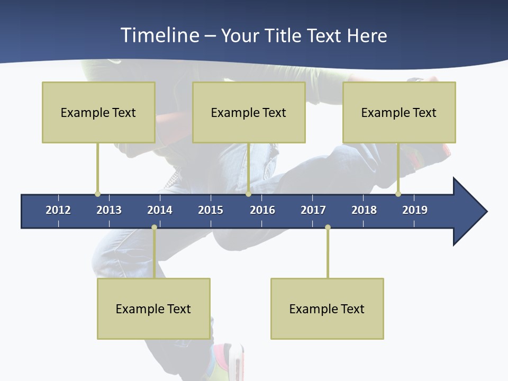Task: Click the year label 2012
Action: pyautogui.click(x=58, y=210)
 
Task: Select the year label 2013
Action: pyautogui.click(x=109, y=210)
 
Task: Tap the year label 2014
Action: pyautogui.click(x=160, y=210)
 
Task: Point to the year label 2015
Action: pyautogui.click(x=211, y=210)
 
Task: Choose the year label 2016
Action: pyautogui.click(x=262, y=210)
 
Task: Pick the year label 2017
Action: pyautogui.click(x=313, y=210)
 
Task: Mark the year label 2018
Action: pyautogui.click(x=364, y=210)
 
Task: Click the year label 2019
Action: pyautogui.click(x=415, y=210)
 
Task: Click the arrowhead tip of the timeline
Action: pyautogui.click(x=486, y=212)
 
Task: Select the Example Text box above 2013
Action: pyautogui.click(x=98, y=112)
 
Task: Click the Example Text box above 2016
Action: pyautogui.click(x=249, y=112)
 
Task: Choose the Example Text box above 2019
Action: pyautogui.click(x=399, y=112)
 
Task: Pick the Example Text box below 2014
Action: pyautogui.click(x=153, y=309)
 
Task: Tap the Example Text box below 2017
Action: pyautogui.click(x=327, y=309)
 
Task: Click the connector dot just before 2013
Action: pyautogui.click(x=97, y=194)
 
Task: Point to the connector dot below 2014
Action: pyautogui.click(x=154, y=228)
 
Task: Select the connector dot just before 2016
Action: pyautogui.click(x=248, y=194)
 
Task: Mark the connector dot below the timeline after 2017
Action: pyautogui.click(x=328, y=228)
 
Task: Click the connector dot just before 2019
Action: pyautogui.click(x=398, y=194)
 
